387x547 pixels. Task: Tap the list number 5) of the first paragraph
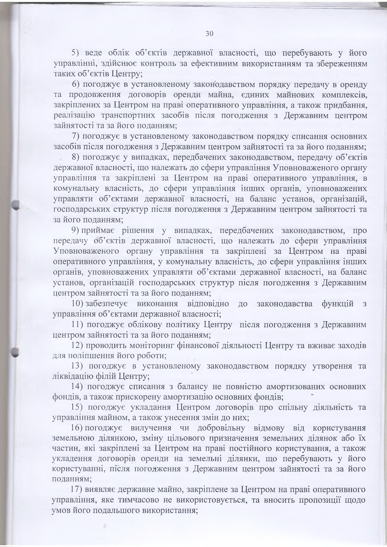click(76, 53)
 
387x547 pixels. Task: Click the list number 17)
click(77, 490)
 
